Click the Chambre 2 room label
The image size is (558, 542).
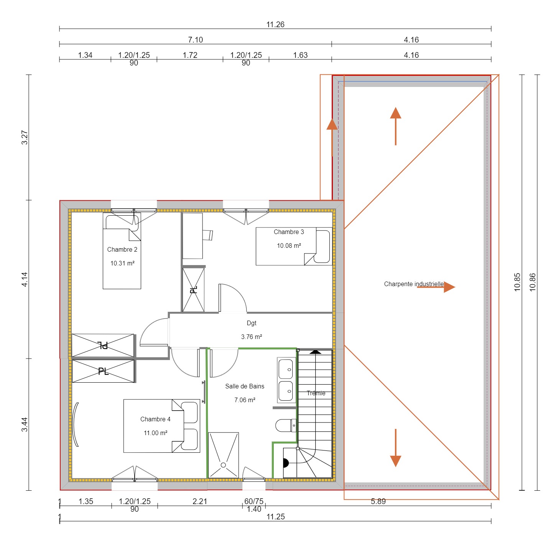click(122, 249)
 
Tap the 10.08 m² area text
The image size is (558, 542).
click(289, 246)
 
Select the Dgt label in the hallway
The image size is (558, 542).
click(252, 323)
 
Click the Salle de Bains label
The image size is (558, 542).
click(245, 386)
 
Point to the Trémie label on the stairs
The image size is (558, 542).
click(316, 393)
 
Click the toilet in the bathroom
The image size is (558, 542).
click(285, 425)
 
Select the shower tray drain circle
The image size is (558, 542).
click(223, 465)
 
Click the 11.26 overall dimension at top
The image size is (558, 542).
click(275, 25)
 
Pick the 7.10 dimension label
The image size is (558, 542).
click(195, 40)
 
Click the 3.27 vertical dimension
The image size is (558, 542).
click(25, 138)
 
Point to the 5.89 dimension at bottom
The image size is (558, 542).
click(378, 501)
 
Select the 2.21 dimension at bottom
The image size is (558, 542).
click(200, 501)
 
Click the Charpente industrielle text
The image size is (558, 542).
click(413, 284)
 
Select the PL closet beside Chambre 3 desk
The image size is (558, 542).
click(194, 290)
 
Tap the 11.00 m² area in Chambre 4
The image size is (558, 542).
click(155, 433)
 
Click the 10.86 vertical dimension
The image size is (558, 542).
click(532, 282)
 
